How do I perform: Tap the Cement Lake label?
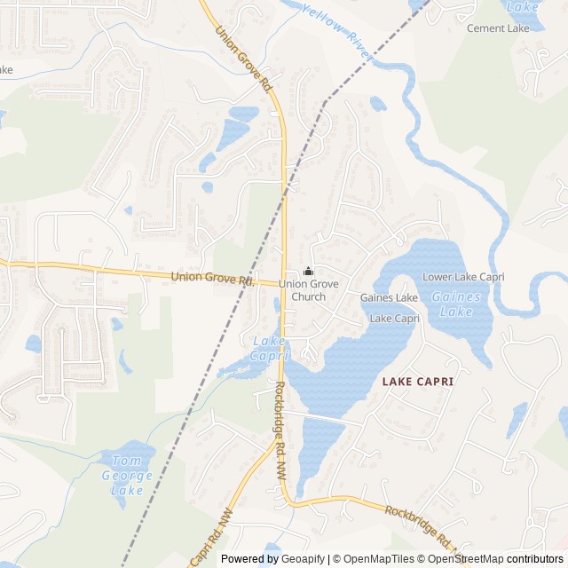[x=498, y=28]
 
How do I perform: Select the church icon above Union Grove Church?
[x=308, y=272]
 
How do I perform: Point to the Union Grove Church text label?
[x=302, y=290]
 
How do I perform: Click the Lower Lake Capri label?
[x=463, y=277]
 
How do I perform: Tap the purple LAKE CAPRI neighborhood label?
[x=417, y=382]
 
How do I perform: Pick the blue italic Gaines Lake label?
[x=456, y=304]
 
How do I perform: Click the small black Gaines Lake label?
[x=389, y=298]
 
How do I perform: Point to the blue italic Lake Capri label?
[x=270, y=348]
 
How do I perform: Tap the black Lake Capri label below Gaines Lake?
[x=394, y=318]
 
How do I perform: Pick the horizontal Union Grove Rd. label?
[x=212, y=279]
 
